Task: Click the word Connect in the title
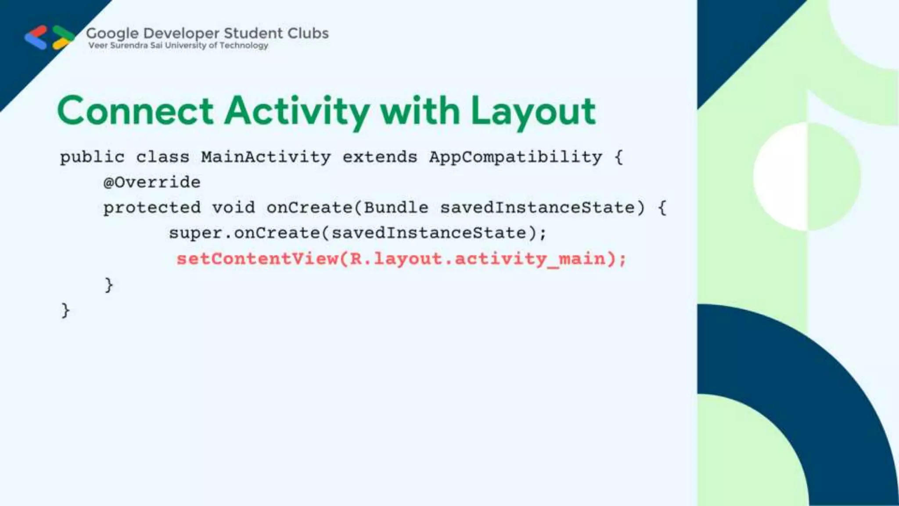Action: [135, 111]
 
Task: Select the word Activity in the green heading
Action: [297, 112]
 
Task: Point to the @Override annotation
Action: [152, 182]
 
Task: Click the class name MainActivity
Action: [266, 157]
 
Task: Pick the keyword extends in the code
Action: [380, 157]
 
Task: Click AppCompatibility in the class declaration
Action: [515, 157]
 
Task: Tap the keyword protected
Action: [152, 208]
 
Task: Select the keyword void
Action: [234, 207]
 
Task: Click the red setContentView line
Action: [401, 259]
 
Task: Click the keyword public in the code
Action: [92, 157]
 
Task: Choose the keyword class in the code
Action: [162, 157]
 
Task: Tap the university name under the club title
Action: [178, 45]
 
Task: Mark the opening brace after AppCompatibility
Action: [619, 157]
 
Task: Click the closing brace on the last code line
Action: [65, 311]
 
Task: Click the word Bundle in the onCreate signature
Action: [396, 207]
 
